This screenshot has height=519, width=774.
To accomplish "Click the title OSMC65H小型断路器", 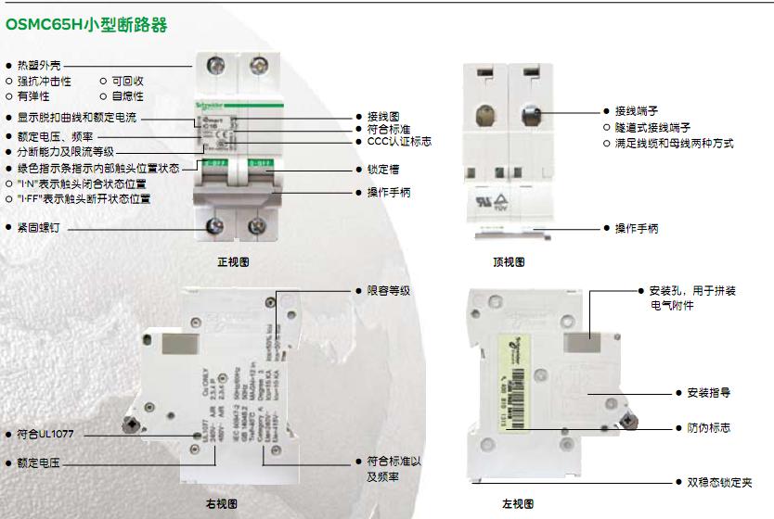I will [x=86, y=25].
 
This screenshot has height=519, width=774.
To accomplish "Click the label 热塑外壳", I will [x=40, y=66].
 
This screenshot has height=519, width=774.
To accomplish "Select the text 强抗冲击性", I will [x=44, y=81].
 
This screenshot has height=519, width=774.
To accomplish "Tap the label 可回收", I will [x=127, y=81].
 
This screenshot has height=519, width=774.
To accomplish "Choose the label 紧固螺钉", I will [x=40, y=226].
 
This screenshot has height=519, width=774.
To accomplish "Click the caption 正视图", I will [x=233, y=262].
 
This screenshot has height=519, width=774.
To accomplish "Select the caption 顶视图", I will [x=509, y=262].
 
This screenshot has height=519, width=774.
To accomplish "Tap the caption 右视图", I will [x=221, y=504].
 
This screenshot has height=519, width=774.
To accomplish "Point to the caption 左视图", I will [x=518, y=504].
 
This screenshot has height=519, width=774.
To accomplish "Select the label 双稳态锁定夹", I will [x=719, y=482].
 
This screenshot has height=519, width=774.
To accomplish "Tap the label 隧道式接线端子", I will [x=652, y=127].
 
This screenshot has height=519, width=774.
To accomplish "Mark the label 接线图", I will [x=382, y=117].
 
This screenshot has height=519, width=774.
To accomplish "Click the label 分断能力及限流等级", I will [x=65, y=151].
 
